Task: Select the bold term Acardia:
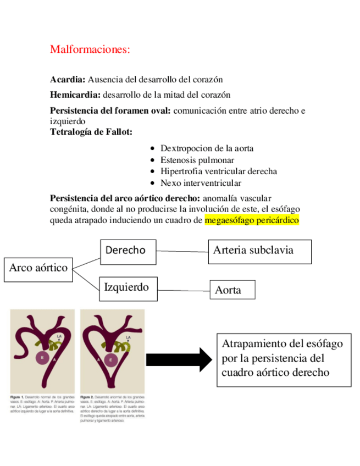pos(68,80)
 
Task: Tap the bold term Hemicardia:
pos(77,95)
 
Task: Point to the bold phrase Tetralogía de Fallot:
pos(91,131)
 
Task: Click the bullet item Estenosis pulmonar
pos(197,160)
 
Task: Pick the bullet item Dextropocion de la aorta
pos(207,148)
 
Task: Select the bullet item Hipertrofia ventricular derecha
pos(218,171)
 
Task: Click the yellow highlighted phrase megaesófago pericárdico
pos(252,220)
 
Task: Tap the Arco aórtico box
pos(38,268)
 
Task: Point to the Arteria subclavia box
pos(260,252)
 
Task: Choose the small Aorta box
pos(233,290)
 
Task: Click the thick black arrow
pos(178,359)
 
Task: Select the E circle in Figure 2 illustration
pos(111,360)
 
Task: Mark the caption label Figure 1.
pos(17,396)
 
